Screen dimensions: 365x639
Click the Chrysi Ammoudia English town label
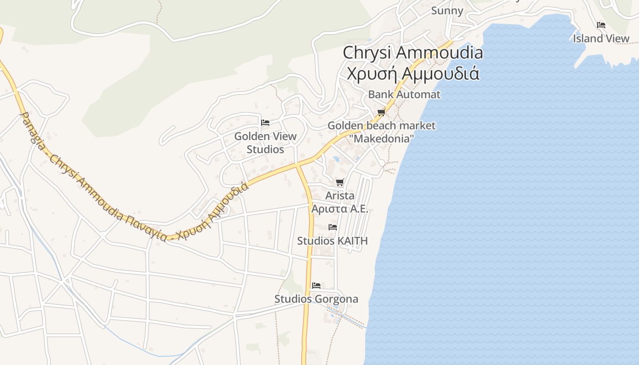[413, 52]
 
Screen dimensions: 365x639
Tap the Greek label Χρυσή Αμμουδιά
[413, 73]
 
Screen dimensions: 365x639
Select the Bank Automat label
[404, 94]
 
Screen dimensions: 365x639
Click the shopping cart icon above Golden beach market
[381, 112]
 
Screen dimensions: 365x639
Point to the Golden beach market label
[382, 125]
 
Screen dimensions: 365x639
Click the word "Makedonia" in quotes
[382, 138]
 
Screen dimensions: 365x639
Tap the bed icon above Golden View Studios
[265, 122]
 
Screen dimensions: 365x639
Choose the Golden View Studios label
[265, 142]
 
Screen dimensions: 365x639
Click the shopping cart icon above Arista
[340, 182]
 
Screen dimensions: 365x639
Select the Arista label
[340, 196]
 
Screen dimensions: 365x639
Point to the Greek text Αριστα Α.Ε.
[340, 209]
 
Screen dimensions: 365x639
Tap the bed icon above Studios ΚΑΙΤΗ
[332, 227]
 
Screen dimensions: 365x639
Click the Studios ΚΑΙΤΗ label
[332, 240]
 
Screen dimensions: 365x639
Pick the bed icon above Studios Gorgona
[316, 286]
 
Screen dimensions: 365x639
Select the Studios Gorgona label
[316, 299]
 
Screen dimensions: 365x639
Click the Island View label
[601, 38]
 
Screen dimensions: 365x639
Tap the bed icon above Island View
[601, 25]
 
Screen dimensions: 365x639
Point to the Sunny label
[447, 10]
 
